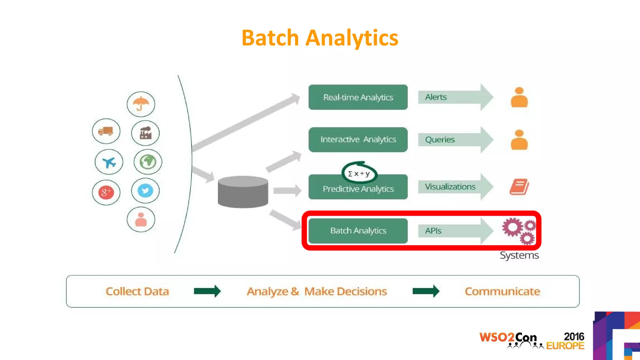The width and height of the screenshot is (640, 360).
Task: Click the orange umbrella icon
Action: click(x=141, y=104)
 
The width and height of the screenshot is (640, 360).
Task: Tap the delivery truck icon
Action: click(x=106, y=131)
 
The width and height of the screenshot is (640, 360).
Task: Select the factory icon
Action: click(x=145, y=133)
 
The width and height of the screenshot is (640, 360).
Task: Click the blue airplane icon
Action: click(x=109, y=162)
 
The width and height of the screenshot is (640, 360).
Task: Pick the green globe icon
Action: click(x=148, y=162)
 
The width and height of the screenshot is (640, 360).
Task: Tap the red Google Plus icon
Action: click(x=106, y=192)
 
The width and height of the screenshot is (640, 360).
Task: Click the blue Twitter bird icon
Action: click(x=145, y=191)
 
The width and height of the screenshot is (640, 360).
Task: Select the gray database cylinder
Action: click(x=243, y=192)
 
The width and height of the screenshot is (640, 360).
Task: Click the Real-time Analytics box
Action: click(x=358, y=97)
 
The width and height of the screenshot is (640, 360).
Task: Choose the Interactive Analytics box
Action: click(x=358, y=140)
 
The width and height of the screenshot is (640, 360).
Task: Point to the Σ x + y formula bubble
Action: click(x=359, y=173)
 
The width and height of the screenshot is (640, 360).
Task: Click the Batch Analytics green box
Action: click(x=358, y=231)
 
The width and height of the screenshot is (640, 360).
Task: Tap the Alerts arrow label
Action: click(x=436, y=97)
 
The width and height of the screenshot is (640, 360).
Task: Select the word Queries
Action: click(x=440, y=140)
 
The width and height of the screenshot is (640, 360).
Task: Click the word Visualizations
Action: click(x=450, y=187)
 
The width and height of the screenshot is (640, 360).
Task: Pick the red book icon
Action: click(x=519, y=187)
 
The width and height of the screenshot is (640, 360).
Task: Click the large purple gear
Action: click(x=512, y=227)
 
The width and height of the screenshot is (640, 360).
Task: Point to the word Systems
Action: click(x=519, y=255)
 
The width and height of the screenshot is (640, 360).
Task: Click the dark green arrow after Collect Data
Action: click(x=207, y=291)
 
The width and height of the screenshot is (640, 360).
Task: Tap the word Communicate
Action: click(x=502, y=291)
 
